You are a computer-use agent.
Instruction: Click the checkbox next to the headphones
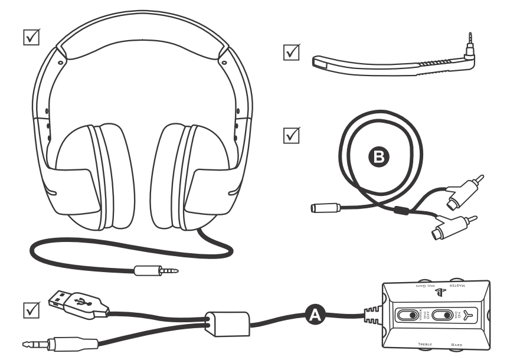point(30,37)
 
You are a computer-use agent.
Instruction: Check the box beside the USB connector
point(30,309)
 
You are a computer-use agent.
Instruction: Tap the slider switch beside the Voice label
point(407,315)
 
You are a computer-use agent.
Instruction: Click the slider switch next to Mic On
point(444,315)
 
